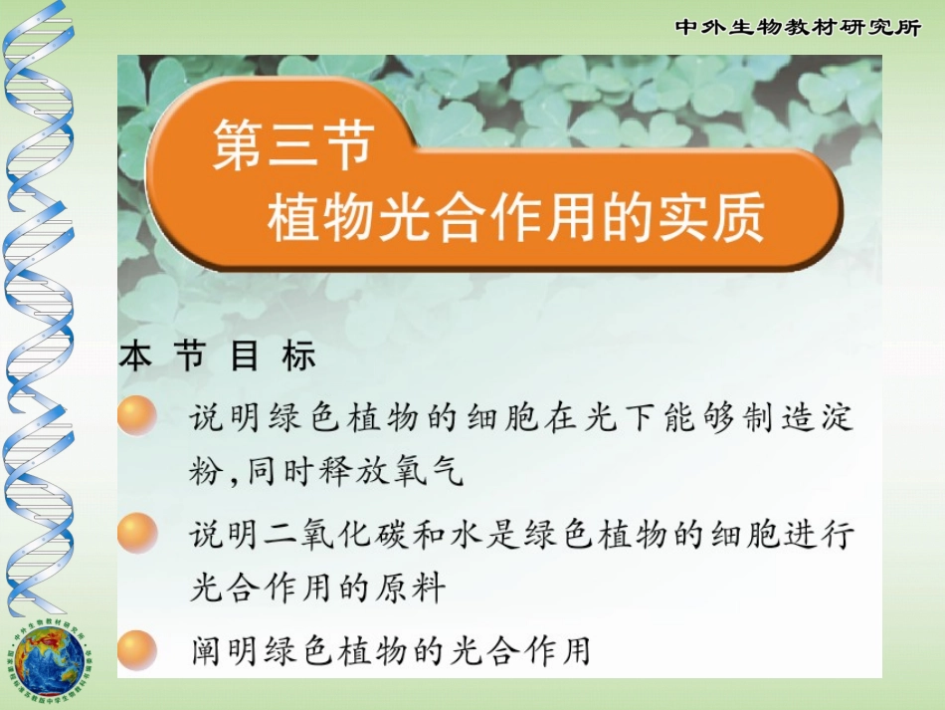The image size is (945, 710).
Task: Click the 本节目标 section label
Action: click(218, 356)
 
